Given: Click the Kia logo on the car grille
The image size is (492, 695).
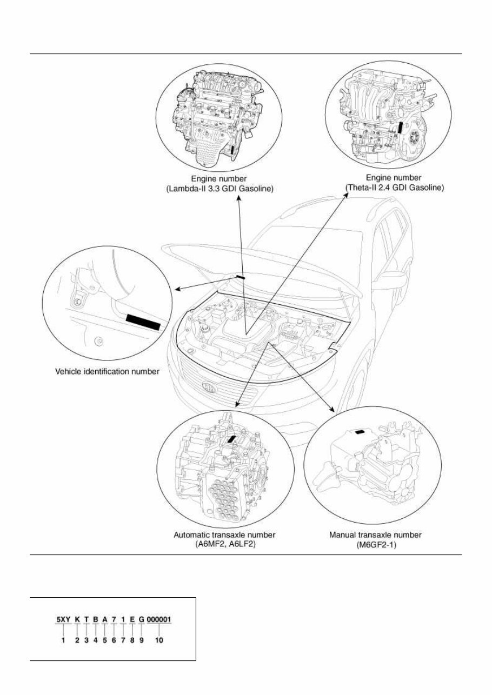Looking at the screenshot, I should (x=207, y=388).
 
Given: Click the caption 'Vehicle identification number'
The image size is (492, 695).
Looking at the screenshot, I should (x=108, y=371).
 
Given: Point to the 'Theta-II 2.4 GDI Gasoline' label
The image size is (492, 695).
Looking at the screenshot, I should (x=395, y=189).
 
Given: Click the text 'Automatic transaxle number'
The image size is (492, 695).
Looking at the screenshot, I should (x=224, y=534).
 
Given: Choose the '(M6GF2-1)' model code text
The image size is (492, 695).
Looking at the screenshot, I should (x=376, y=544).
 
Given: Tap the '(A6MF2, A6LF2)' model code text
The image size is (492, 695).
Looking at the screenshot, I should (x=224, y=544).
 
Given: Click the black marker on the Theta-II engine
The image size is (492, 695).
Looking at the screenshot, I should (x=399, y=127).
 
